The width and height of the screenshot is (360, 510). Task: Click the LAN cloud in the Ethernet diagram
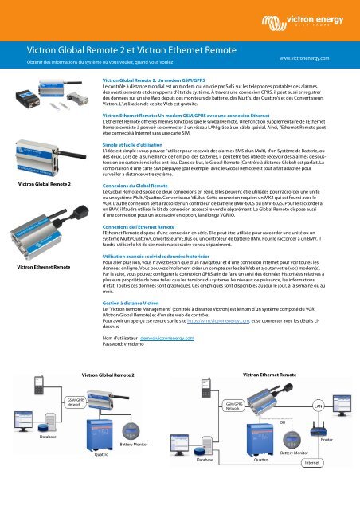coord(316,407)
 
